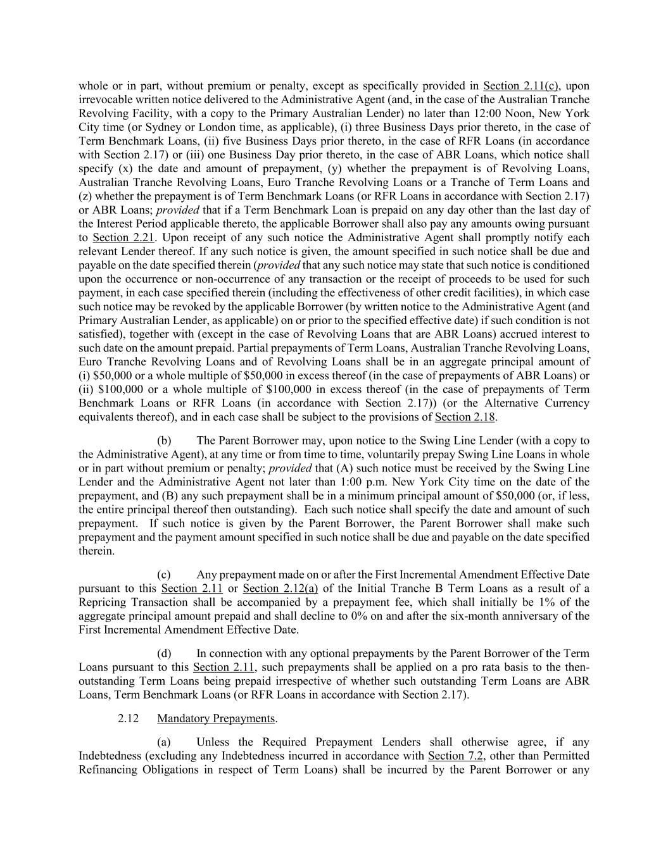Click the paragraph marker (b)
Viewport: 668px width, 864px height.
pyautogui.click(x=164, y=441)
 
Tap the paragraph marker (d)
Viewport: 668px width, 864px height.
pyautogui.click(x=164, y=653)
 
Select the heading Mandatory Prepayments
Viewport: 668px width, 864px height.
pyautogui.click(x=217, y=718)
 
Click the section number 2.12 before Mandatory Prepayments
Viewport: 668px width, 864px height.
pyautogui.click(x=129, y=718)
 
